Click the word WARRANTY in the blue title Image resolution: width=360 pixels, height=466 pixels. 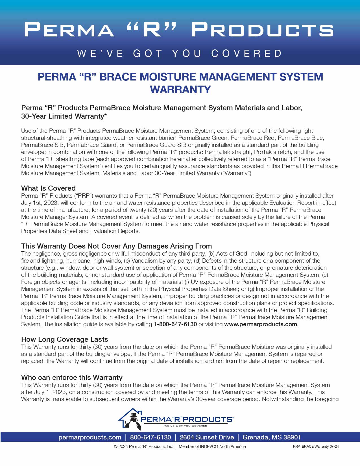pos(180,90)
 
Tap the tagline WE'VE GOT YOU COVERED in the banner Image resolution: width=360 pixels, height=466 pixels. pos(180,53)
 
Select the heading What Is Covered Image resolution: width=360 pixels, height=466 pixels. pos(48,188)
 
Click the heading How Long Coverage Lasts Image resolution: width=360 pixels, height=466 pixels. pos(65,339)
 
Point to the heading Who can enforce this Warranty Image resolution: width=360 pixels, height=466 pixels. pos(72,377)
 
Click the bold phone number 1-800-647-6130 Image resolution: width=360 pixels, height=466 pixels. pos(175,324)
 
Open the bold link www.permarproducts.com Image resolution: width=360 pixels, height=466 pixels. pos(260,324)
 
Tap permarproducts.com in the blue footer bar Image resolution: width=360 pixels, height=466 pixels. pos(90,437)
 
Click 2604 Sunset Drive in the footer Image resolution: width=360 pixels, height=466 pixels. pos(207,437)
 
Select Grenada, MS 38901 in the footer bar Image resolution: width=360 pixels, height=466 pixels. pos(272,437)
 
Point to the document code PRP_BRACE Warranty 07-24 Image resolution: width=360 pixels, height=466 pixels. pos(316,447)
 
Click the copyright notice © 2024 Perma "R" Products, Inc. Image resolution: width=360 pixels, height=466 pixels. pos(143,447)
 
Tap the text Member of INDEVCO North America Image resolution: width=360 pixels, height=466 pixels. pos(212,447)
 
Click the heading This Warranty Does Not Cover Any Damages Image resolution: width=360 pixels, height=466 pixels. pos(116,246)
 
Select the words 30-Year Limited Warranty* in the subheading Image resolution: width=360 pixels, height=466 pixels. pos(64,116)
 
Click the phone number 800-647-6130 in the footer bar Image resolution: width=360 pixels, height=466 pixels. pos(150,437)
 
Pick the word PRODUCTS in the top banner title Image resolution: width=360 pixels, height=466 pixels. pos(262,30)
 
